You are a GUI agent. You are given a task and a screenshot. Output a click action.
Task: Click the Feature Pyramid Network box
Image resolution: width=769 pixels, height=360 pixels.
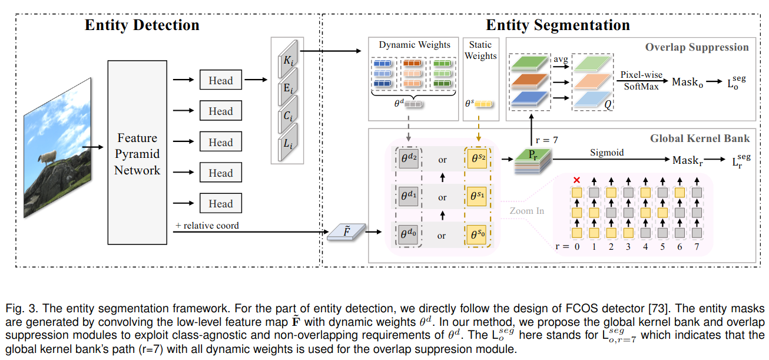click(137, 154)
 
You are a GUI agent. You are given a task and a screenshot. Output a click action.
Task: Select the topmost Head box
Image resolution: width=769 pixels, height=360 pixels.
click(220, 81)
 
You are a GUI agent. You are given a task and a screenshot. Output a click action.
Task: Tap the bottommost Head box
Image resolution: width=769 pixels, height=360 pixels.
click(220, 204)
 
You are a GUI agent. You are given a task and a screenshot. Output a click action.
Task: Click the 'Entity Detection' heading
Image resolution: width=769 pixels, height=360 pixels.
click(142, 25)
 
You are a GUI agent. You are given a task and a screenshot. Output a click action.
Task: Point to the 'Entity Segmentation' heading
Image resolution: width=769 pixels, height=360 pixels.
click(558, 25)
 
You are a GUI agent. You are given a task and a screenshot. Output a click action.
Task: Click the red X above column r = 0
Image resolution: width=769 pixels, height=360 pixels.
click(577, 180)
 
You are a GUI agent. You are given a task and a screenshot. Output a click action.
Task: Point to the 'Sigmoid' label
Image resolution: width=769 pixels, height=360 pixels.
click(607, 152)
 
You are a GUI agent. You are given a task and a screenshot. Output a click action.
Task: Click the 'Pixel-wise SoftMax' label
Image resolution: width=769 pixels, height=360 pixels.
click(641, 81)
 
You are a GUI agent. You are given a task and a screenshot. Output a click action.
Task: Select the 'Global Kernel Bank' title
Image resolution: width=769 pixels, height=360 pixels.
click(700, 138)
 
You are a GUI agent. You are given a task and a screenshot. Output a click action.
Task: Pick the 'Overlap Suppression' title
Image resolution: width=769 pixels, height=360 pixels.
click(697, 48)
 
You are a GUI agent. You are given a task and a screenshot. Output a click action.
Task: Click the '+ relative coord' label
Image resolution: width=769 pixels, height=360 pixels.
click(207, 226)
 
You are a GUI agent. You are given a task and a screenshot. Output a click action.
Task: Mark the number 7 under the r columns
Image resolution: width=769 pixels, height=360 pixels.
click(697, 247)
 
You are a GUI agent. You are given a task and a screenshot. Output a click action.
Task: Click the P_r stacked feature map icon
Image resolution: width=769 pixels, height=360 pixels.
click(532, 160)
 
